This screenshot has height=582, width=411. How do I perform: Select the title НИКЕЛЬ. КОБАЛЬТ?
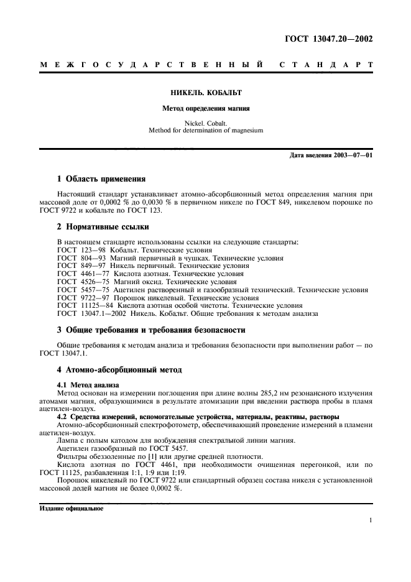(x=205, y=93)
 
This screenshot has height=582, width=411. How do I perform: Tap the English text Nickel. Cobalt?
(x=205, y=123)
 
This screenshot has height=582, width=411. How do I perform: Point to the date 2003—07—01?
(x=352, y=155)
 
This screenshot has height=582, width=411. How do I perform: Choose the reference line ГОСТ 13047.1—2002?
(x=187, y=313)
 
